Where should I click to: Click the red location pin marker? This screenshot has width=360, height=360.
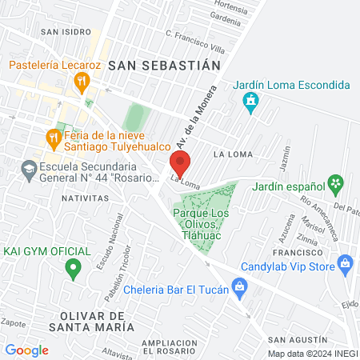pyautogui.click(x=179, y=163)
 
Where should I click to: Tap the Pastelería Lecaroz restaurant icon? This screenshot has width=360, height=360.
pyautogui.click(x=81, y=81)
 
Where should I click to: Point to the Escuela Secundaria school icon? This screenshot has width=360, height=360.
pyautogui.click(x=29, y=170)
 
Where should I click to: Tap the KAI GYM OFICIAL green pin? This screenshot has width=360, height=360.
pyautogui.click(x=74, y=268)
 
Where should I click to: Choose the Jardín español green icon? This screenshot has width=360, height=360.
pyautogui.click(x=338, y=184)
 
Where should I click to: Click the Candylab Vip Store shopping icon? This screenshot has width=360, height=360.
pyautogui.click(x=346, y=262)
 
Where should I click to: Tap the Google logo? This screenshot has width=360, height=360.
pyautogui.click(x=26, y=350)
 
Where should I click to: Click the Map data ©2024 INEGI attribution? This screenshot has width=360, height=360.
pyautogui.click(x=312, y=354)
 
